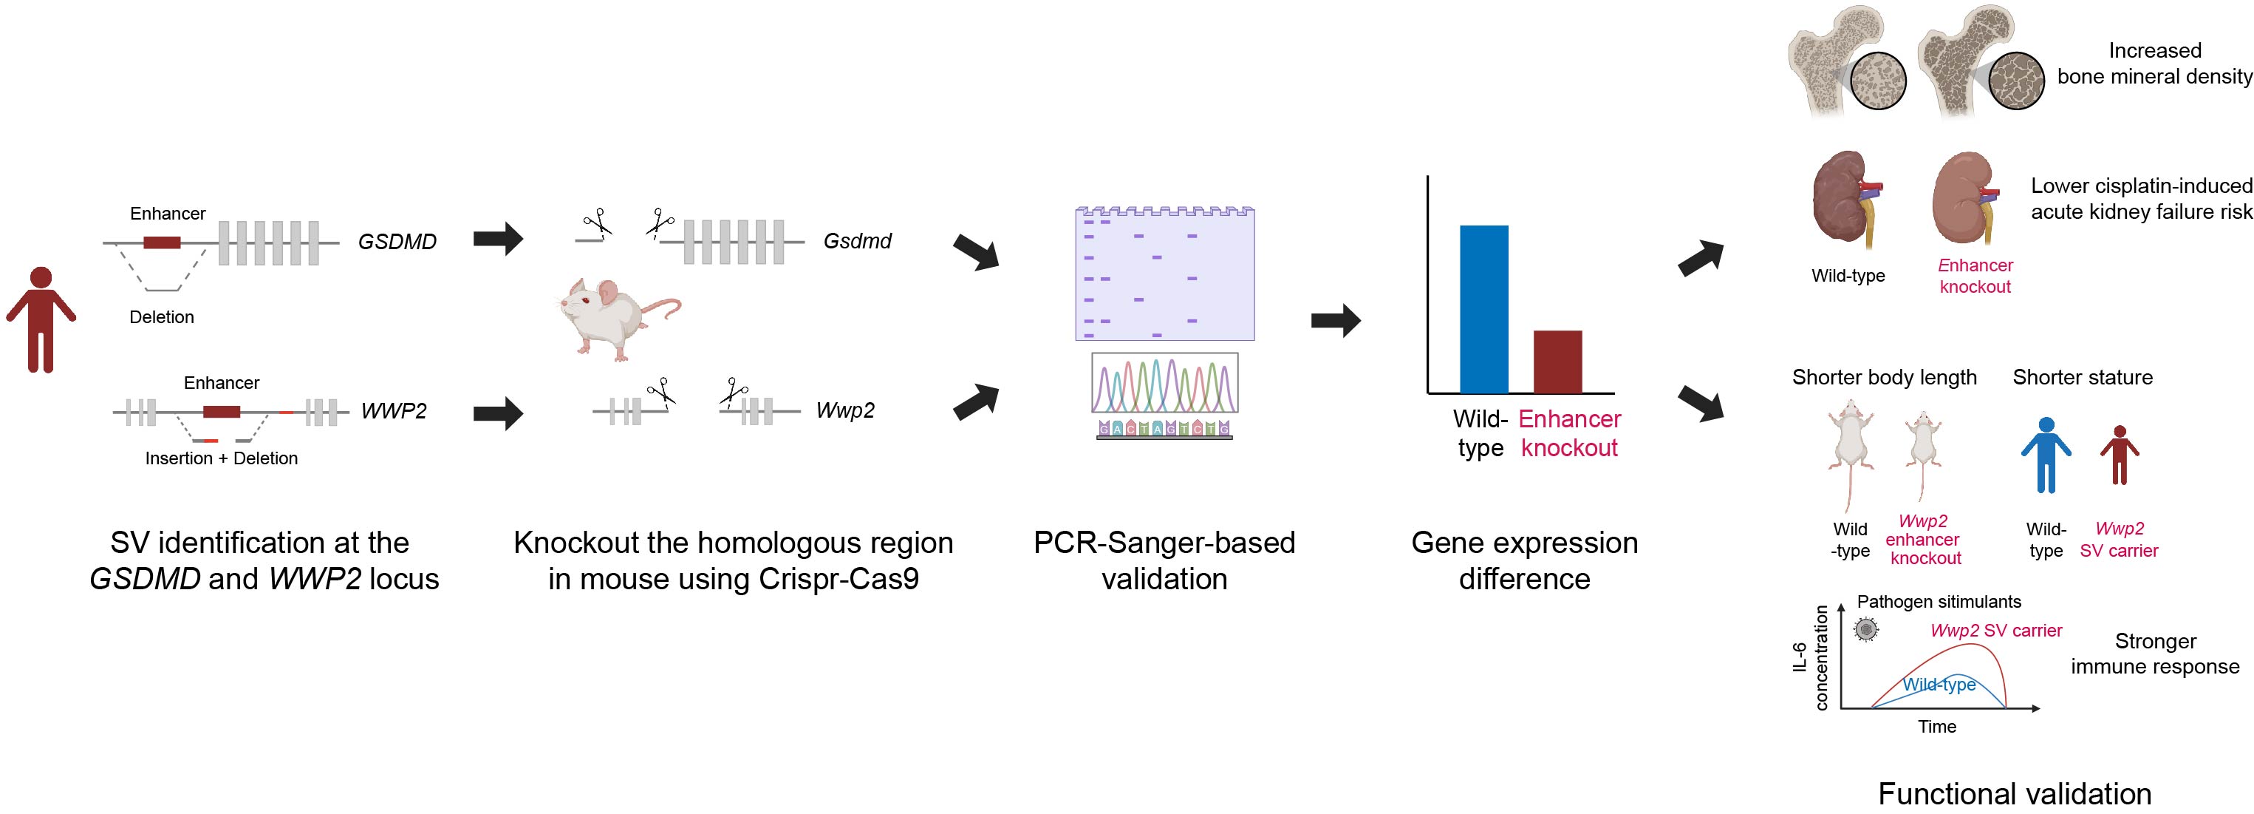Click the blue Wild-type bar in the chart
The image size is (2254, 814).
pyautogui.click(x=1483, y=309)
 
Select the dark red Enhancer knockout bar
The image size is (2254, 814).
pyautogui.click(x=1557, y=362)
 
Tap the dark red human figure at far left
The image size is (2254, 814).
pyautogui.click(x=40, y=319)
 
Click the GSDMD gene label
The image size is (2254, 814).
pyautogui.click(x=397, y=242)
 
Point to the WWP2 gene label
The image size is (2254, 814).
pyautogui.click(x=393, y=410)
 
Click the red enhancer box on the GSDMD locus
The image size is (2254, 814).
pyautogui.click(x=162, y=242)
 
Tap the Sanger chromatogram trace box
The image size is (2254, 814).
pyautogui.click(x=1164, y=382)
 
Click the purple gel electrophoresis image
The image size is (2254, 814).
pyautogui.click(x=1164, y=274)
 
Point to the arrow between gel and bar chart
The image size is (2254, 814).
pyautogui.click(x=1335, y=320)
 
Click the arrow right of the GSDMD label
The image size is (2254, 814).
pyautogui.click(x=498, y=238)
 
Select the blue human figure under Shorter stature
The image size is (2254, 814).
pyautogui.click(x=2045, y=454)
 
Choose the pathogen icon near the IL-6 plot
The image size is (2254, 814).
pyautogui.click(x=1865, y=629)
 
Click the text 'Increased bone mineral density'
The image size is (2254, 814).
pyautogui.click(x=2154, y=63)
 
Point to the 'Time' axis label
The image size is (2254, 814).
pyautogui.click(x=1936, y=727)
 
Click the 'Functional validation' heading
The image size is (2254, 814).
pyautogui.click(x=2014, y=793)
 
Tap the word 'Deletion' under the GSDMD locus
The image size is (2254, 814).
pyautogui.click(x=162, y=317)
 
